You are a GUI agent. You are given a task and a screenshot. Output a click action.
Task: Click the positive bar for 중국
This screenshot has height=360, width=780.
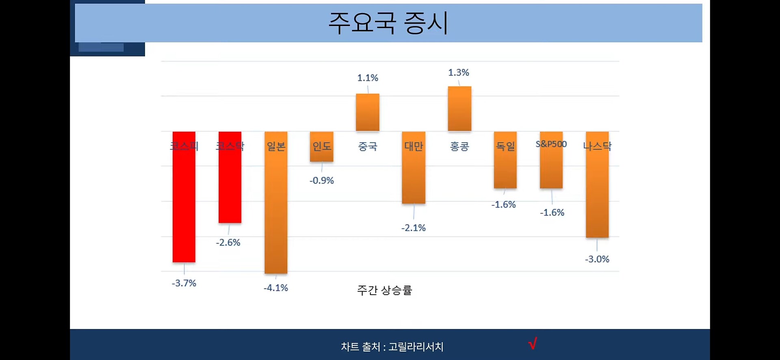click(368, 113)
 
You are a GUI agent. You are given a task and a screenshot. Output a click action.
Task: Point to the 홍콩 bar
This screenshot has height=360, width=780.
click(459, 109)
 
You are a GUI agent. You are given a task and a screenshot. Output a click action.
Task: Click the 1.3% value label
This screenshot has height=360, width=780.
click(459, 73)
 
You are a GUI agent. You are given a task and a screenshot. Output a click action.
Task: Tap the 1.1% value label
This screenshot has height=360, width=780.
click(368, 78)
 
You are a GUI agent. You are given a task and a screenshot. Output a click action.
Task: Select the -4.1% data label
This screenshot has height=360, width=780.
click(276, 288)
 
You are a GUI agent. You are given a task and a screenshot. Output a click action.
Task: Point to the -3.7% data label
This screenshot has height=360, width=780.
click(184, 283)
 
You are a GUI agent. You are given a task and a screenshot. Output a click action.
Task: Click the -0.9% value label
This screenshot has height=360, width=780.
click(322, 180)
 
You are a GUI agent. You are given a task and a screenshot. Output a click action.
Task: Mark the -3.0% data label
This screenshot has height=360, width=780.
click(597, 259)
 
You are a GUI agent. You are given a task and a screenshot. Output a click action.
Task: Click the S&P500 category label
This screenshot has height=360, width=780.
click(551, 144)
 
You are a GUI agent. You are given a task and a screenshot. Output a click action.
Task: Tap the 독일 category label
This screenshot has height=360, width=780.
click(505, 146)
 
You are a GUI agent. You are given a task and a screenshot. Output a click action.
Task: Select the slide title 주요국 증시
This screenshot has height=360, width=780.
click(388, 23)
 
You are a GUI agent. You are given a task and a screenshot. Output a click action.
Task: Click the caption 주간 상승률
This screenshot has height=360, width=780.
click(384, 290)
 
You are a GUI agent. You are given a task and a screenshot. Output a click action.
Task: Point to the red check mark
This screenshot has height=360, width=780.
click(533, 343)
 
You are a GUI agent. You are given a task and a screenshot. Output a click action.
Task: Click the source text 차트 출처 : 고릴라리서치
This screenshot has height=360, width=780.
click(392, 347)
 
